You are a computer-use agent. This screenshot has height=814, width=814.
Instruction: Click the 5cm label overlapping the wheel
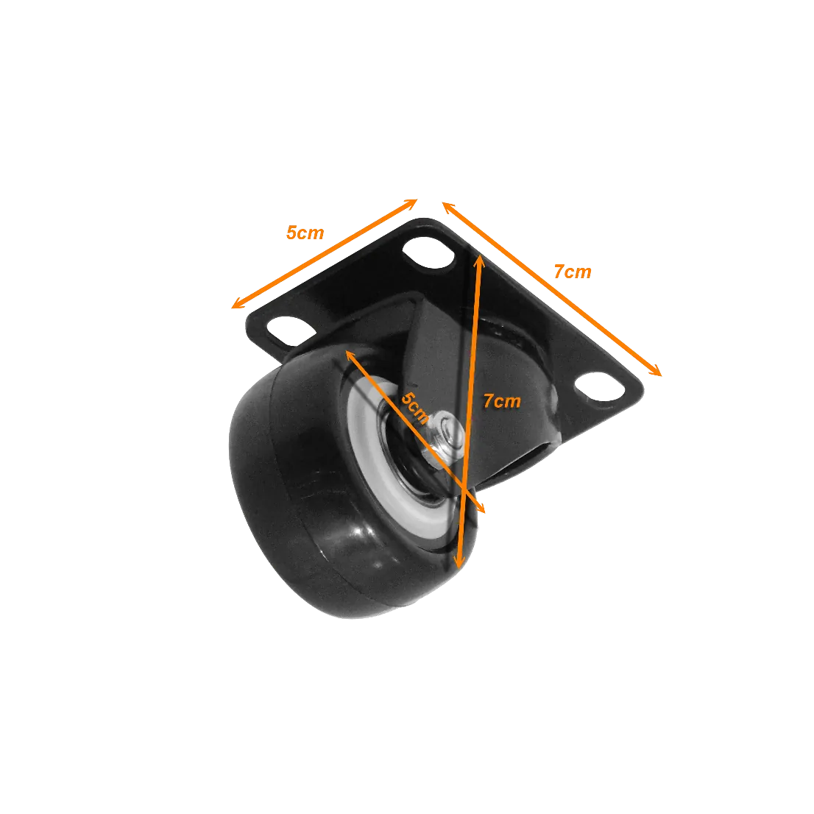point(415,408)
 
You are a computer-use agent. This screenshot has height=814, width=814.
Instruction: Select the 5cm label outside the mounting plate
point(305,233)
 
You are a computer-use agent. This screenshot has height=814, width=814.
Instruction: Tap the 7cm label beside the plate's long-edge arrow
point(573,272)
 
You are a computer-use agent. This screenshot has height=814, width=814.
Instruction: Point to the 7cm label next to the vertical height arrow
point(502,401)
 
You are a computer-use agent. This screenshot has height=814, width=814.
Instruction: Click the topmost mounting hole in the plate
point(428,252)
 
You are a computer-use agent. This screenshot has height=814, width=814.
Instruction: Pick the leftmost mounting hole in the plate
point(291,330)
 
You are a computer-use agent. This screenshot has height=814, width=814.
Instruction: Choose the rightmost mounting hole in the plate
point(600,386)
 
